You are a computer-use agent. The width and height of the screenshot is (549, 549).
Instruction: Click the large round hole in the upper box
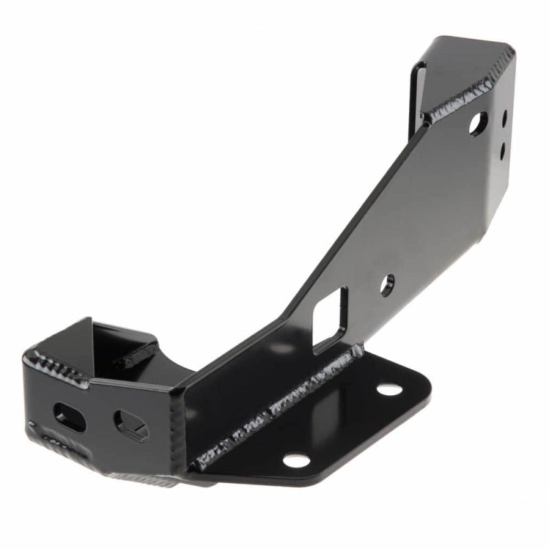478,124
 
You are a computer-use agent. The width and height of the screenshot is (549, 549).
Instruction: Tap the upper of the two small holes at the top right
504,118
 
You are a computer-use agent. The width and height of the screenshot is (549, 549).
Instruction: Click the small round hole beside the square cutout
388,284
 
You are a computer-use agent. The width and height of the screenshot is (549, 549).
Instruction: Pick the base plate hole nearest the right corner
390,390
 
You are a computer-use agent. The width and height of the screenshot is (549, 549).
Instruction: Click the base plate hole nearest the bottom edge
296,460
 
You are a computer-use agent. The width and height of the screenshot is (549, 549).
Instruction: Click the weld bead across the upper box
461,97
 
